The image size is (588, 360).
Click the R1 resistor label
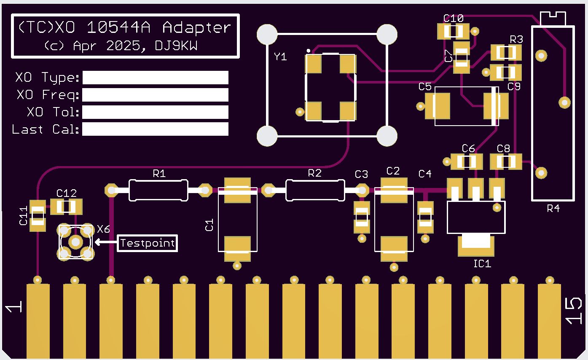point(159,173)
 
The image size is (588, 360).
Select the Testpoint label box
point(147,243)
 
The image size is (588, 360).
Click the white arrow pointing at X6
point(106,242)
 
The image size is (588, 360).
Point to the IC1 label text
point(482,263)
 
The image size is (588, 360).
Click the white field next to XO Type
point(156,78)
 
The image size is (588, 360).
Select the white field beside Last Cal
point(156,129)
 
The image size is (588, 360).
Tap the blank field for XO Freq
point(156,95)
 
